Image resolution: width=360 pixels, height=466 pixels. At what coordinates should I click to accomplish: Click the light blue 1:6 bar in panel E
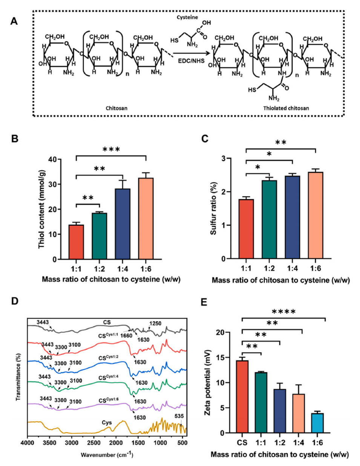click(317, 423)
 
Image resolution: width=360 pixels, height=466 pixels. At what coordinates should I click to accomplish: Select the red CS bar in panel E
click(242, 397)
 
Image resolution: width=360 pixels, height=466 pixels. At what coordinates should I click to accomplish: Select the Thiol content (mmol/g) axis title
click(41, 209)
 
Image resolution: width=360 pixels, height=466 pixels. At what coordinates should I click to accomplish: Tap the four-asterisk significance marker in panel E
click(283, 312)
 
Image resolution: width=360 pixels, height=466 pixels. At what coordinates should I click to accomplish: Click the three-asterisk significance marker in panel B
click(111, 150)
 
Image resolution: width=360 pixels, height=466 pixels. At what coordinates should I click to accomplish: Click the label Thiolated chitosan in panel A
click(286, 108)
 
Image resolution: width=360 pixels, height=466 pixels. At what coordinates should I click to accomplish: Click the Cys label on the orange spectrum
click(107, 423)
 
